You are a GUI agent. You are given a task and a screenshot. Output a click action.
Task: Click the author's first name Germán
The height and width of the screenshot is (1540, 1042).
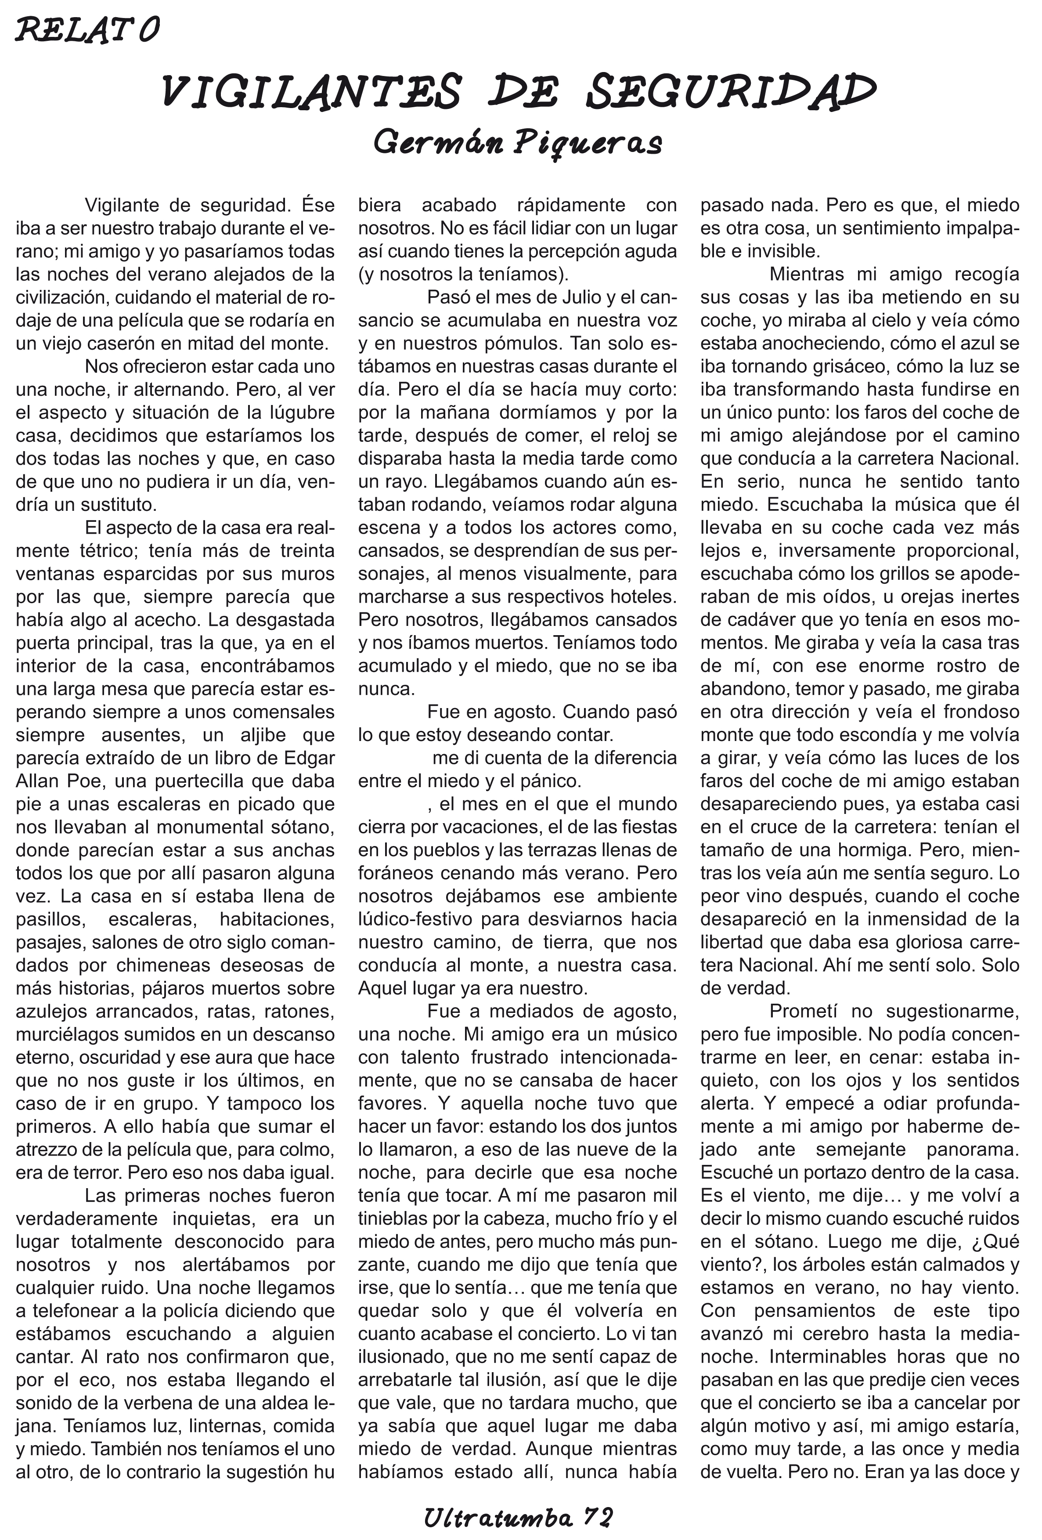[437, 142]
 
